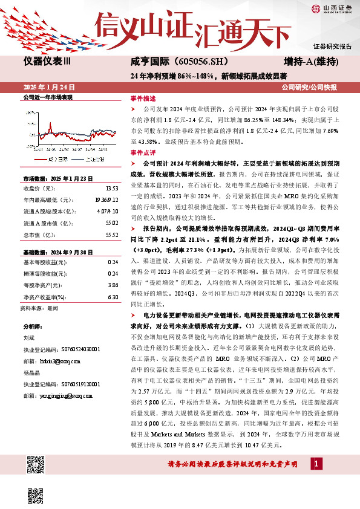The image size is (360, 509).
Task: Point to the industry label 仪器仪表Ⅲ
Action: pos(47,62)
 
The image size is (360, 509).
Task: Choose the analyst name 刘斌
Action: pos(28,339)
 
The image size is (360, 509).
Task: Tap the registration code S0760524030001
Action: pos(81,349)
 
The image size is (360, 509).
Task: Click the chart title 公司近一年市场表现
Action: pos(48,97)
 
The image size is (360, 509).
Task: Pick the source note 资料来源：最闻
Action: pos(39,308)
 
